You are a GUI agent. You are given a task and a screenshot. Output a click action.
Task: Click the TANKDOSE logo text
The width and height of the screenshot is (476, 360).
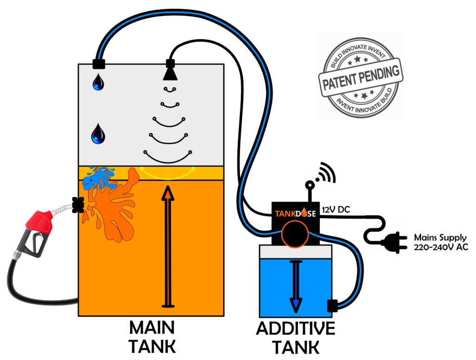click(x=295, y=213)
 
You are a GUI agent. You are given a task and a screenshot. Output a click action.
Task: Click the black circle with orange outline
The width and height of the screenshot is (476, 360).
click(x=295, y=233)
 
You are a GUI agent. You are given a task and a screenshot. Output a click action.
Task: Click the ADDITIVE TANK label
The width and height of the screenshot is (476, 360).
click(x=295, y=338)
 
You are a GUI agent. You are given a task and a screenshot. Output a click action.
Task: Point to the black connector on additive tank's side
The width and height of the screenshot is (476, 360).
click(x=332, y=306)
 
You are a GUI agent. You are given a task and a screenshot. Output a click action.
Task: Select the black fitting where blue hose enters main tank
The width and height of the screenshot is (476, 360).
click(x=99, y=64)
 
